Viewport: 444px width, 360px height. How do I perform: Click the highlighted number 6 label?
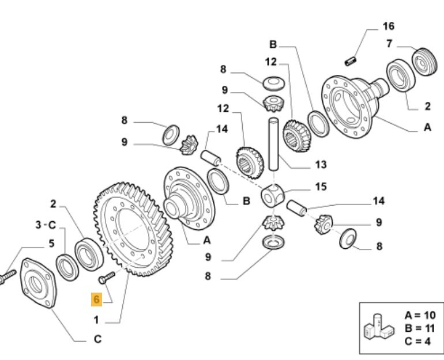tap(96, 300)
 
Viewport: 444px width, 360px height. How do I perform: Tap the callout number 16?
tap(388, 26)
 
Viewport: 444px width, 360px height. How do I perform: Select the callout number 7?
tap(390, 44)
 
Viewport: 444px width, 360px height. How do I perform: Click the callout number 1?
tap(96, 319)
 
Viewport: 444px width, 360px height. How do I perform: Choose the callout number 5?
tap(51, 244)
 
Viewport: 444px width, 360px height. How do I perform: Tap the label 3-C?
tap(46, 225)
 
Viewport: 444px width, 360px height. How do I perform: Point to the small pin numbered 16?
tap(349, 59)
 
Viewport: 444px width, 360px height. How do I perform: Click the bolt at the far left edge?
tap(5, 278)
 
